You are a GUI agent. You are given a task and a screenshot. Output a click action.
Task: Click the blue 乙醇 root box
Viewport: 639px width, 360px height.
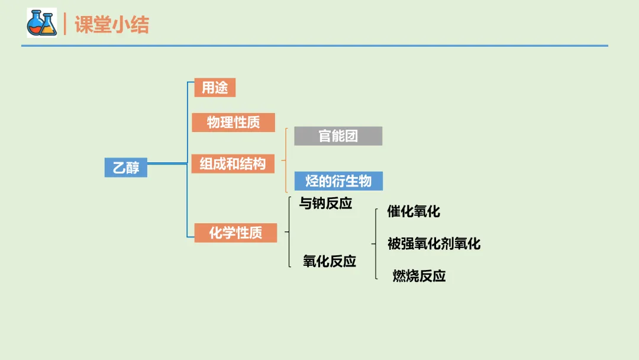pos(126,168)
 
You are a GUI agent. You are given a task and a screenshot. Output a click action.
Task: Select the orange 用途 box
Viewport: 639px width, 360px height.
pos(215,88)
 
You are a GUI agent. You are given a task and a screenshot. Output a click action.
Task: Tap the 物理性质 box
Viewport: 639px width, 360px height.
pos(233,123)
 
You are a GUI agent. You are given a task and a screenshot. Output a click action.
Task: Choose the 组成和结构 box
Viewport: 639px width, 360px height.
pos(233,163)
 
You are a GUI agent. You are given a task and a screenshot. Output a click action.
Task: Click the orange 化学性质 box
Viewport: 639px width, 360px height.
pos(235,233)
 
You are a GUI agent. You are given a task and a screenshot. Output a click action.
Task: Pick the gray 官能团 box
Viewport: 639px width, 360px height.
pos(338,136)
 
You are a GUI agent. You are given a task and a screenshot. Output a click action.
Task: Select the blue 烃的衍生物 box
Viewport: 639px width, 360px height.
pos(338,181)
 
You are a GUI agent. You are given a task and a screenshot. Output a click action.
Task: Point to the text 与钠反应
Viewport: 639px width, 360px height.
pos(325,204)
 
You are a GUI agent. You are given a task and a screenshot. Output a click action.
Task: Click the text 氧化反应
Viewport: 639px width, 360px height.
pos(330,261)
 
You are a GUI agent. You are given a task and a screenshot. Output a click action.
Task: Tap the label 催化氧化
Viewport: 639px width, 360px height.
pos(414,211)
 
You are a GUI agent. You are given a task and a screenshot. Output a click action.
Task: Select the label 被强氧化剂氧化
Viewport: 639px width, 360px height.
pos(434,243)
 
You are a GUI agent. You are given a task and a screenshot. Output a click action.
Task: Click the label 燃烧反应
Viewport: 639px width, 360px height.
pos(419,276)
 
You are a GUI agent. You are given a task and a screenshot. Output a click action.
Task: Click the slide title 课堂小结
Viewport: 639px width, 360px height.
pos(112,24)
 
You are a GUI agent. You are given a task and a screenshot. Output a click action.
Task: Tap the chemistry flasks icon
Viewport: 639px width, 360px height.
pos(41,24)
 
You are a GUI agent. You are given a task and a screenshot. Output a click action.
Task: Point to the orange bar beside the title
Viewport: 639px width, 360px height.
pos(65,24)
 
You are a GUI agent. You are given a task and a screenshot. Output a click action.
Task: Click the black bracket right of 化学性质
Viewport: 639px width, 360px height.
pos(288,232)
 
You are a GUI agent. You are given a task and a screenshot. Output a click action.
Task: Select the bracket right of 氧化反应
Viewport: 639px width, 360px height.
pos(376,243)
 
